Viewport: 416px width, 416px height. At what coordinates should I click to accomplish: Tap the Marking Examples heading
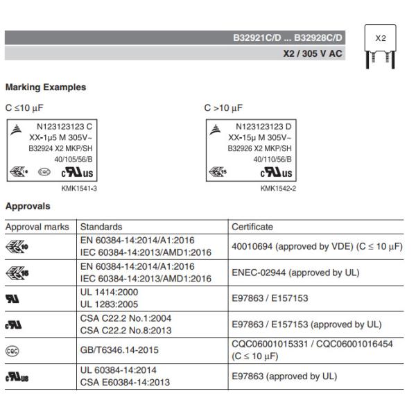click(46, 87)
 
